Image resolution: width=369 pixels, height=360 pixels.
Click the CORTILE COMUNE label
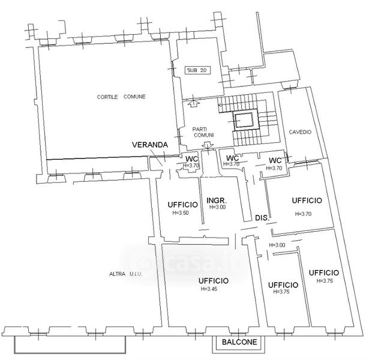121,97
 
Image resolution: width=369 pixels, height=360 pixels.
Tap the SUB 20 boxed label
197,70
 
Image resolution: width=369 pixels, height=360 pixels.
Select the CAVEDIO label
300,132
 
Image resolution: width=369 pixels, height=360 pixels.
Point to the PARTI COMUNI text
203,132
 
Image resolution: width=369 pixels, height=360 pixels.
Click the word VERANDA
150,145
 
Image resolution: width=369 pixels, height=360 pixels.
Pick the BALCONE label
239,342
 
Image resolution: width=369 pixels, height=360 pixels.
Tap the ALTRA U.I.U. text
125,274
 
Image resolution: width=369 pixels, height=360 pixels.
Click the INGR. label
217,200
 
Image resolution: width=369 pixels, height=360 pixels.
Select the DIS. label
262,218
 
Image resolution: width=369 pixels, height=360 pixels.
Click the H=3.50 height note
181,213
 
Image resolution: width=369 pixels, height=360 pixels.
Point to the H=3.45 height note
209,289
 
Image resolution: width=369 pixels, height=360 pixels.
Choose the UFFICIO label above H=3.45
214,281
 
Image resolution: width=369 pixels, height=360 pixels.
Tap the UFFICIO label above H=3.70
307,200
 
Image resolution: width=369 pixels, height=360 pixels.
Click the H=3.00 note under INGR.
217,207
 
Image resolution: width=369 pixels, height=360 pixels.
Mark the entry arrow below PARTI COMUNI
208,145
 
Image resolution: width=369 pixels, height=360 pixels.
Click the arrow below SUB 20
193,103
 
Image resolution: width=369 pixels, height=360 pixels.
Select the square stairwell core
244,120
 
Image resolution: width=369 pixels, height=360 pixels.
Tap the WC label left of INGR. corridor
192,159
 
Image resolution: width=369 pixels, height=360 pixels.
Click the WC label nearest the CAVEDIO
275,160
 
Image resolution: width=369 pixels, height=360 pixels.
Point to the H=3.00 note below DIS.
277,245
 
